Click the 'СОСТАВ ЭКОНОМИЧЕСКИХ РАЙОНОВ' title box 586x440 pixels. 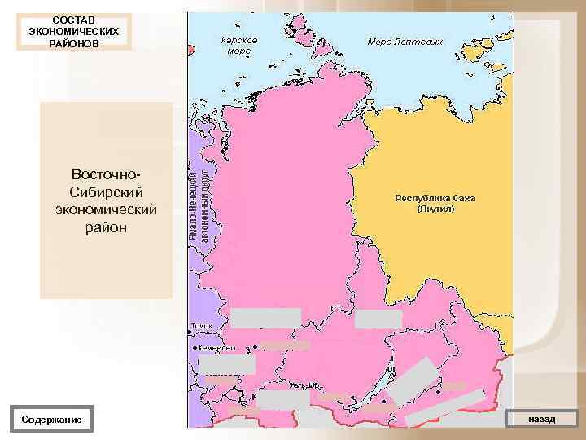coord(72,30)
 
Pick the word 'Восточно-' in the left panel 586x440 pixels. coord(107,176)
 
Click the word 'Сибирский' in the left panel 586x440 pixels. coord(107,193)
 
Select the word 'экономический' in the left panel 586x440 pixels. coord(107,210)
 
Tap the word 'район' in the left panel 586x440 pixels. coord(107,227)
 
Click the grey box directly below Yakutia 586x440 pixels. coord(378,319)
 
